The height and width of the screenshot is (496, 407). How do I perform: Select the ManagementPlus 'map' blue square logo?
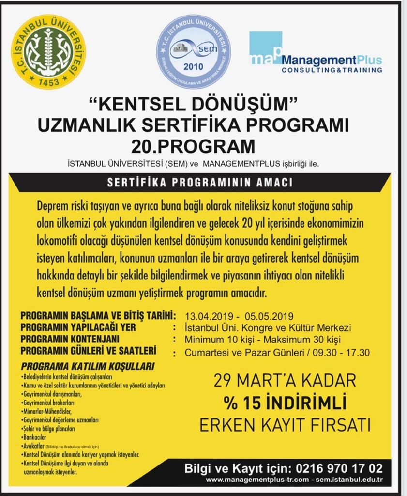[x=265, y=48]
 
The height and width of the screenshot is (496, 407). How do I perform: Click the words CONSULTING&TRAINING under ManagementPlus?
[x=332, y=70]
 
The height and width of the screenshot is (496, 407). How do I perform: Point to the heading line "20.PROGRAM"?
[x=193, y=146]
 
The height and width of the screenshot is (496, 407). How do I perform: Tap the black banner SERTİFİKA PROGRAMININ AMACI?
[x=200, y=183]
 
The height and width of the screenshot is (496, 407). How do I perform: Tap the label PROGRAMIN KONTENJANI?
[x=70, y=339]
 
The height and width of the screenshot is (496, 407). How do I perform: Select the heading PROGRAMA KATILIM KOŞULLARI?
[x=88, y=366]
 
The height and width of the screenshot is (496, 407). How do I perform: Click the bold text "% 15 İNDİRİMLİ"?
[x=285, y=403]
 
